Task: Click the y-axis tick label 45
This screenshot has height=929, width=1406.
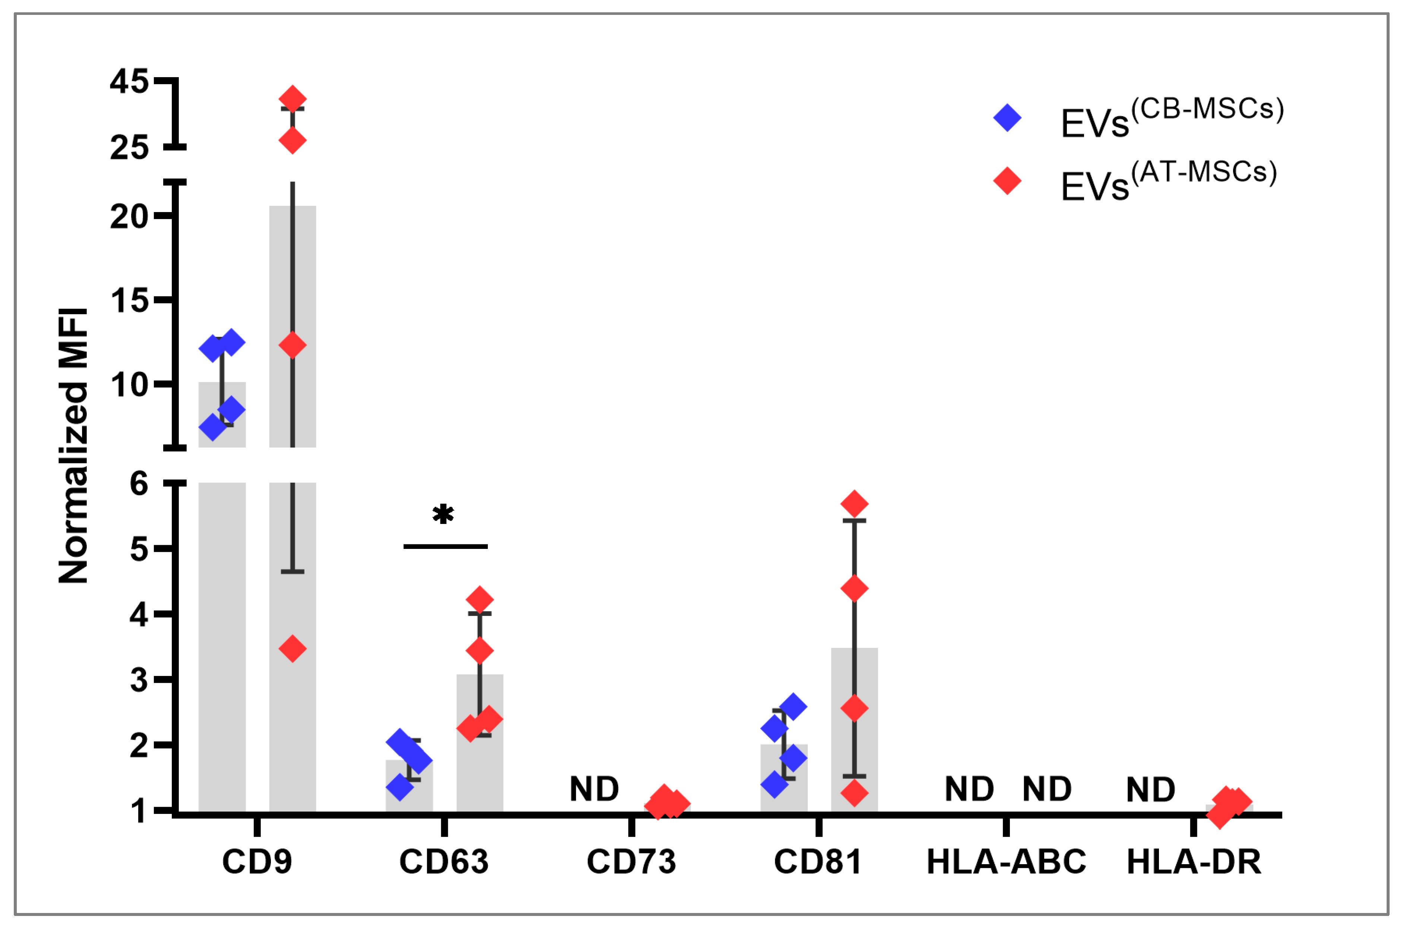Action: [x=129, y=81]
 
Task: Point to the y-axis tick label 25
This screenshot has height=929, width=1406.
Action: [x=129, y=148]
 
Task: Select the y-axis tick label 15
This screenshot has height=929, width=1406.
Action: [x=129, y=301]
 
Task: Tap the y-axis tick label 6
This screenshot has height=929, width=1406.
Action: [x=139, y=484]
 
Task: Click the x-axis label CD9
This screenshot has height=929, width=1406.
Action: [x=257, y=862]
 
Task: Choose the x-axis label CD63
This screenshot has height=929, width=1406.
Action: [x=444, y=862]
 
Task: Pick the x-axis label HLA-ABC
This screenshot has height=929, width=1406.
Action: [x=1006, y=862]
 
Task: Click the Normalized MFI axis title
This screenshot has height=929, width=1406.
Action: [x=73, y=446]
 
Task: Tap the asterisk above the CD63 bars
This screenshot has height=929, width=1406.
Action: [x=443, y=514]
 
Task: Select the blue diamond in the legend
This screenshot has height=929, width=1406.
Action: [x=1007, y=118]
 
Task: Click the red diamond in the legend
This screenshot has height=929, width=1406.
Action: [x=1007, y=181]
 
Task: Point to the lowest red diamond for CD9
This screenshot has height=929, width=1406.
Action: [x=292, y=649]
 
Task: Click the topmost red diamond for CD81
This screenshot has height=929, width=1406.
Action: [x=854, y=504]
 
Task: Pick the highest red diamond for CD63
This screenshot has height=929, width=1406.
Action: [x=480, y=600]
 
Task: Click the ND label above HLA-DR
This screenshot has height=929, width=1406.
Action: [x=1150, y=790]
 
